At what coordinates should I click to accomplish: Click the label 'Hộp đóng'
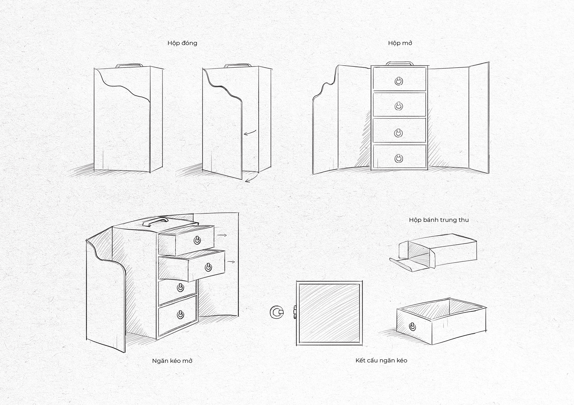click(182, 43)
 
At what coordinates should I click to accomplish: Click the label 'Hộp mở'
click(400, 43)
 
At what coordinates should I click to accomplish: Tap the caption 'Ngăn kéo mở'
click(172, 361)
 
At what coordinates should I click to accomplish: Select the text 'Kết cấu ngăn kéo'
click(381, 360)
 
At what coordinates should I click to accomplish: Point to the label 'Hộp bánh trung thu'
click(439, 220)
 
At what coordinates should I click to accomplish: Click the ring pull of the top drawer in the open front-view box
click(399, 80)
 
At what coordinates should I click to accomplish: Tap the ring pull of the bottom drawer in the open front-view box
click(399, 158)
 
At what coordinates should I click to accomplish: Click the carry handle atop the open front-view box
click(400, 63)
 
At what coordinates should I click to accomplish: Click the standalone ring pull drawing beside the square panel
click(277, 313)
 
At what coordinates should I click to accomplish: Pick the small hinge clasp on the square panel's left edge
click(295, 313)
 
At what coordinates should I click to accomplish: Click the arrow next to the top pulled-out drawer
click(222, 235)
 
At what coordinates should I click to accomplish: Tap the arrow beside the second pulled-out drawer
click(231, 262)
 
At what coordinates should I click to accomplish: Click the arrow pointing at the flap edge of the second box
click(250, 133)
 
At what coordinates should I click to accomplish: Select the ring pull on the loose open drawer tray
click(413, 326)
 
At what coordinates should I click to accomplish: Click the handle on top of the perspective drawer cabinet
click(155, 222)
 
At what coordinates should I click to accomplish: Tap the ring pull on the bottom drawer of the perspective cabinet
click(180, 315)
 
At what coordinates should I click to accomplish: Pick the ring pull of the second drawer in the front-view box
click(399, 106)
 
